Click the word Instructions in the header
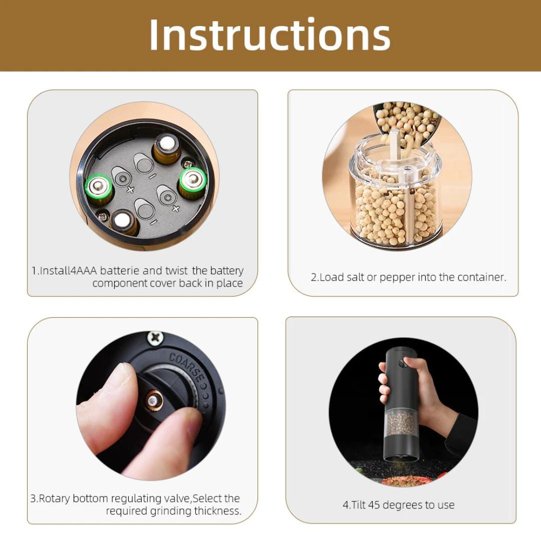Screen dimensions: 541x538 pyautogui.click(x=270, y=36)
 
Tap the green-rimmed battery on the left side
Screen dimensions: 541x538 pyautogui.click(x=99, y=188)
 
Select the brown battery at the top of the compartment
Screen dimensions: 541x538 pyautogui.click(x=167, y=148)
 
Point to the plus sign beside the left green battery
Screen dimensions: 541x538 pyautogui.click(x=130, y=189)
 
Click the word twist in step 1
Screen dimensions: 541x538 pyautogui.click(x=177, y=271)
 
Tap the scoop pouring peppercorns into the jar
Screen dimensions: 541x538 pyautogui.click(x=407, y=123)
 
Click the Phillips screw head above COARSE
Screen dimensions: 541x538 pyautogui.click(x=155, y=337)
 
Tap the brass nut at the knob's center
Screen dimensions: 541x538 pyautogui.click(x=153, y=401)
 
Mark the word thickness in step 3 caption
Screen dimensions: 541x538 pyautogui.click(x=218, y=511)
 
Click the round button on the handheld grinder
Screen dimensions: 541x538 pyautogui.click(x=402, y=363)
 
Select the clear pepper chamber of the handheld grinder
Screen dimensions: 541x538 pyautogui.click(x=402, y=422)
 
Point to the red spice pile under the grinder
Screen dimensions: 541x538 pyautogui.click(x=399, y=480)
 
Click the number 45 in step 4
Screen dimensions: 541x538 pyautogui.click(x=374, y=505)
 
